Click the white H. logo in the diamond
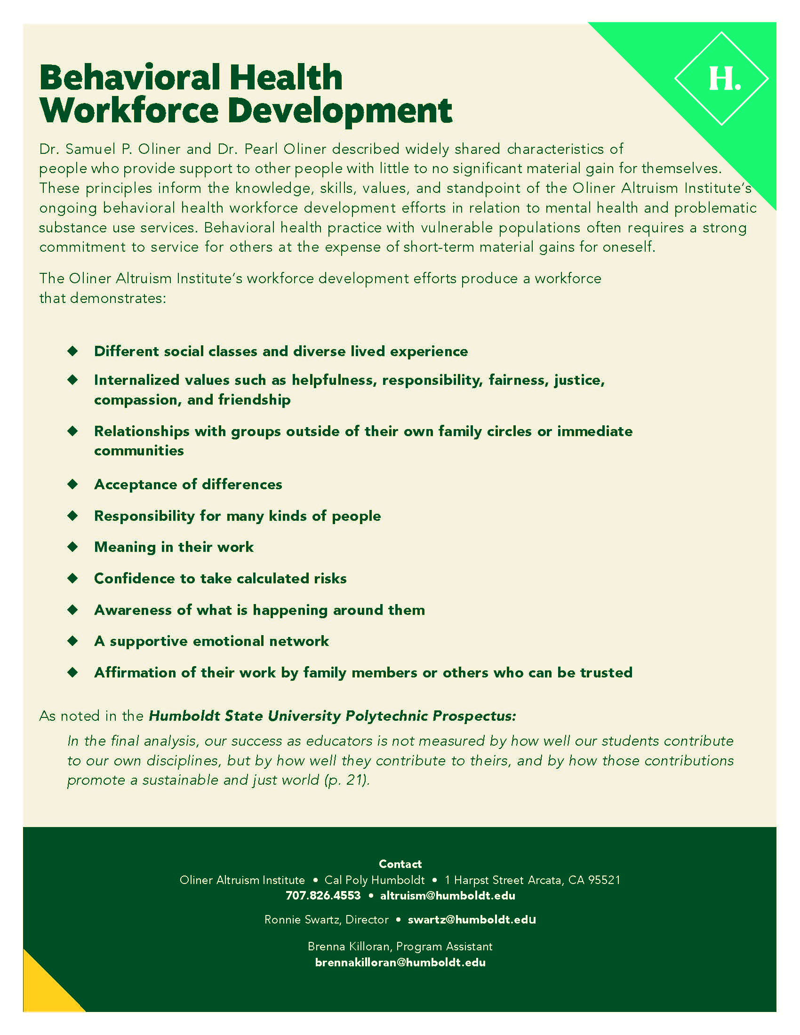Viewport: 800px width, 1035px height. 724,79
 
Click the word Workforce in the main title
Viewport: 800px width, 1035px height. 129,111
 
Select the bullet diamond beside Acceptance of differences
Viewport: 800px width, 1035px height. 72,484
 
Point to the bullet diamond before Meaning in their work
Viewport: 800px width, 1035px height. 72,546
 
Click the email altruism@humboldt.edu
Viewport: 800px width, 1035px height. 448,895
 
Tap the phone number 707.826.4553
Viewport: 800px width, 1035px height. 323,895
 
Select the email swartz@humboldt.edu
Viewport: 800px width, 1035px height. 472,919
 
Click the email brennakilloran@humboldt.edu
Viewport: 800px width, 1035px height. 400,962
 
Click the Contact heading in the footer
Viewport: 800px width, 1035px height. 400,864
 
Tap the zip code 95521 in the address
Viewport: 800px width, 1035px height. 604,880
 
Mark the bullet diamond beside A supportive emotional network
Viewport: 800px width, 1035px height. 72,641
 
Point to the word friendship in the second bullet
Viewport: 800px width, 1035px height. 254,399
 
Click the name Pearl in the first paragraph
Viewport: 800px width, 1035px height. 262,149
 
